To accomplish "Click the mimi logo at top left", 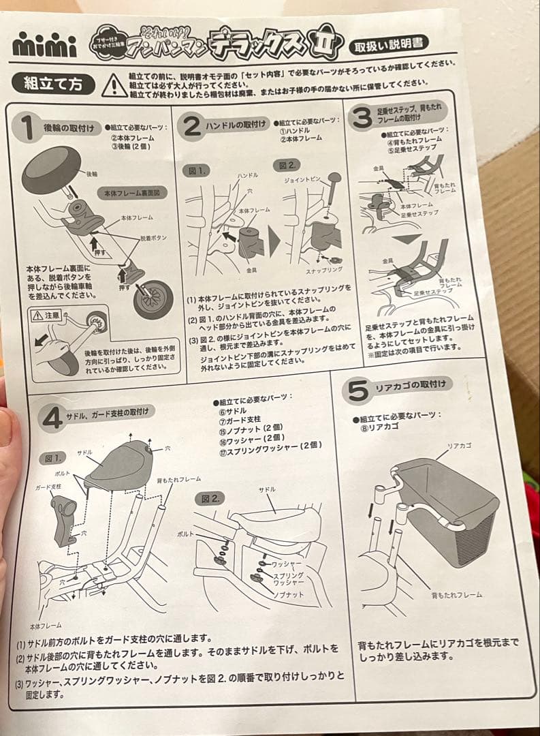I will click(x=45, y=45).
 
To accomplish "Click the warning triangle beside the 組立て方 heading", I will click(x=114, y=85).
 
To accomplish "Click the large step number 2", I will click(x=192, y=125).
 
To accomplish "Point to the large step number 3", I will click(x=360, y=117).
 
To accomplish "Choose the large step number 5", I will click(x=358, y=390).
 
